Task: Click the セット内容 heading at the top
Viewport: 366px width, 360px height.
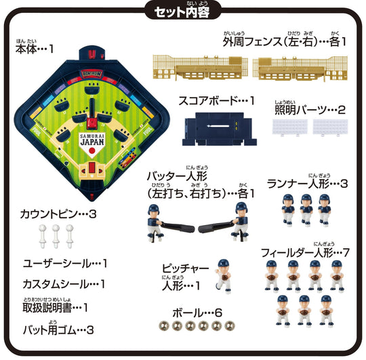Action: click(x=183, y=12)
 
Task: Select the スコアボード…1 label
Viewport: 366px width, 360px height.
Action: click(x=215, y=100)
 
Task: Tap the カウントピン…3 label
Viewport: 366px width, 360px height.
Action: click(x=59, y=214)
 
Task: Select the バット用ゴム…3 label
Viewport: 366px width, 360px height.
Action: click(x=60, y=330)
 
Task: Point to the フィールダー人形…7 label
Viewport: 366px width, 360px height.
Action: click(x=304, y=252)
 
